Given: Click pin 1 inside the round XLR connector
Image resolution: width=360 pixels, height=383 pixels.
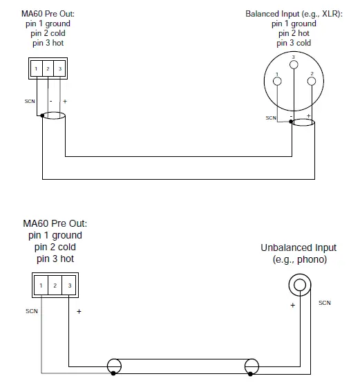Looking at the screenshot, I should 278,82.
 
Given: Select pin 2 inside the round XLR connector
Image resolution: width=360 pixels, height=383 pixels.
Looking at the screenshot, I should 312,82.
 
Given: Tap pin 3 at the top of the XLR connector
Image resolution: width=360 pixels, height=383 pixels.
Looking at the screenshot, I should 294,64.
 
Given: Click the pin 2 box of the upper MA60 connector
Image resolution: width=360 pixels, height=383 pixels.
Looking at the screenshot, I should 47,68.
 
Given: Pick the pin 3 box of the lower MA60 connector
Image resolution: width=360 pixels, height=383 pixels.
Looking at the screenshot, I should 69,285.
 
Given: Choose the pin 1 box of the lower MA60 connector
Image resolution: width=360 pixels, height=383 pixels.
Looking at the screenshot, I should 41,285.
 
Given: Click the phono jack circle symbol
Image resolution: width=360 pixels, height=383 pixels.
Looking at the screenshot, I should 300,283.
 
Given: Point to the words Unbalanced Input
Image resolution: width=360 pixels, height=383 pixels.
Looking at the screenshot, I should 299,247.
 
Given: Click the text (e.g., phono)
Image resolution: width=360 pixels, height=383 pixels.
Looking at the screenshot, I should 299,259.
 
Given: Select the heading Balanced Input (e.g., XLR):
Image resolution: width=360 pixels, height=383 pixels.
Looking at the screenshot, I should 294,14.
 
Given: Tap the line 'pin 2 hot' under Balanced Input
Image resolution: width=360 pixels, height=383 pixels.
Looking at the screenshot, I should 294,33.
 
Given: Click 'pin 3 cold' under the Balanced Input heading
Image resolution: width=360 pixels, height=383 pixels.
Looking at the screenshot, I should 294,43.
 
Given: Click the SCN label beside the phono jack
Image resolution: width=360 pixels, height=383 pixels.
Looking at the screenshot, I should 325,303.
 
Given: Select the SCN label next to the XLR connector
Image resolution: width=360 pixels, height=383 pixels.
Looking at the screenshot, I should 271,118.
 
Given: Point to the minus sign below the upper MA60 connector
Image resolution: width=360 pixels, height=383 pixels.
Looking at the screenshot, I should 51,102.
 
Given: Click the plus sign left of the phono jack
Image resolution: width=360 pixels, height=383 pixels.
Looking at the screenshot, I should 293,304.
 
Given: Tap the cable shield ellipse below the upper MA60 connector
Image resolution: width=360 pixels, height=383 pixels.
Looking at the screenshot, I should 53,120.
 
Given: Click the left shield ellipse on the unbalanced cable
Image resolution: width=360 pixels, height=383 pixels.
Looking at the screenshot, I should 113,366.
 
